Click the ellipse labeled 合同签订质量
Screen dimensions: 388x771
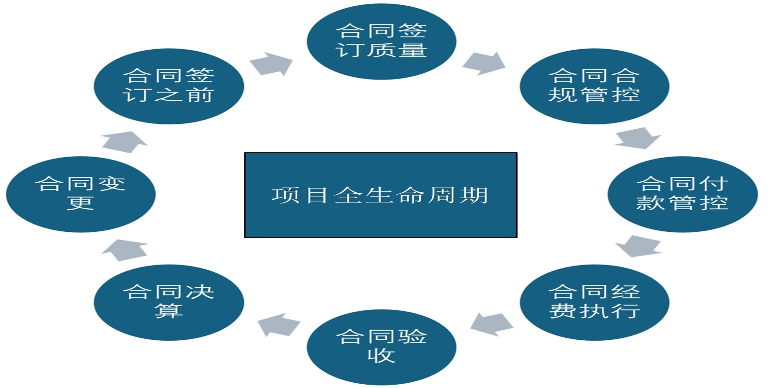tap(381, 41)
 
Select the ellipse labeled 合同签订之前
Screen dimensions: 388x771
tap(169, 86)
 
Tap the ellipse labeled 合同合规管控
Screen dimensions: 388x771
tap(594, 86)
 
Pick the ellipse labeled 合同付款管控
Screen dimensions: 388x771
tap(682, 194)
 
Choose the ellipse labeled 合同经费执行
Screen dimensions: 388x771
tap(594, 302)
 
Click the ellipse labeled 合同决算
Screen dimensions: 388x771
tap(169, 302)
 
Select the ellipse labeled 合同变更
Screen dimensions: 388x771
tap(80, 194)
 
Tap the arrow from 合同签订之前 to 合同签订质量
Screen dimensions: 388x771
tap(272, 64)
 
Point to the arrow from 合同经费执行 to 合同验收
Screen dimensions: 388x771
tap(491, 324)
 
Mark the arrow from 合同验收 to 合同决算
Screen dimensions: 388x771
tap(279, 324)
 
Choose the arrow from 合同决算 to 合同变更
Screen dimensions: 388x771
tap(125, 249)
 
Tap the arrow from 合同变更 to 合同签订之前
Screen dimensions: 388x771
tap(125, 141)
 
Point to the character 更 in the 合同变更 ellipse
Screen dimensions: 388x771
tap(80, 203)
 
